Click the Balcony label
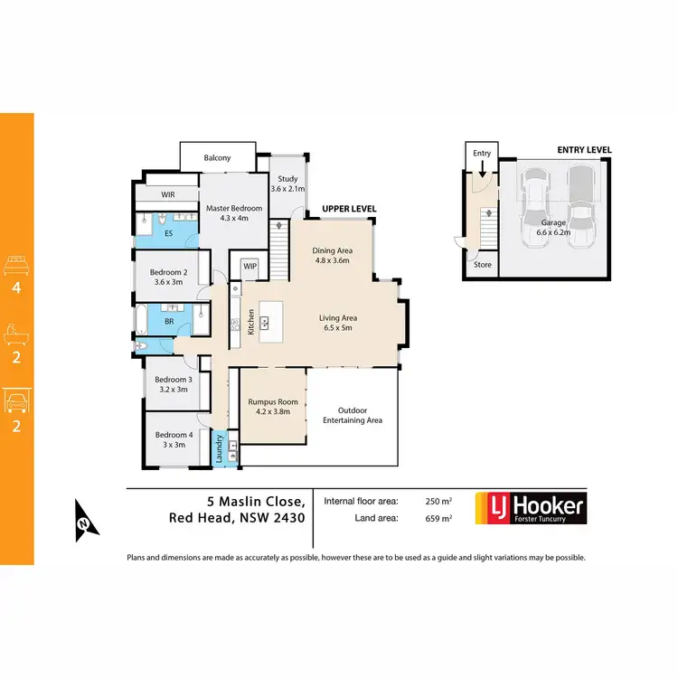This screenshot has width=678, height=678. coord(217,158)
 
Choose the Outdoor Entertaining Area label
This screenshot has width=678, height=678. coord(353,414)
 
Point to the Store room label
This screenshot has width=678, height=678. coord(483,265)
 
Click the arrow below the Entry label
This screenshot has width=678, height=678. coord(482,169)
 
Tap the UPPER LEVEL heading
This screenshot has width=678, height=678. coord(348,209)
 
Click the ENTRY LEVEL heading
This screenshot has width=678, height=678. coord(584,150)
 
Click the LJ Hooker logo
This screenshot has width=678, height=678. coord(537,508)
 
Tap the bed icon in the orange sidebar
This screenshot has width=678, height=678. coord(16,265)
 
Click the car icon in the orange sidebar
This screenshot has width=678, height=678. coord(16,400)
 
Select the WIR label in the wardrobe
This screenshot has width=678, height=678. coord(168,194)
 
